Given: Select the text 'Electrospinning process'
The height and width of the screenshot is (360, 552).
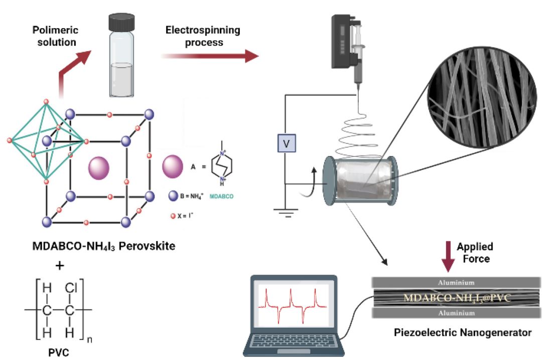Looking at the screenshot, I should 203,36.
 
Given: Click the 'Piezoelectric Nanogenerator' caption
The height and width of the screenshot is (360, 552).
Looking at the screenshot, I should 456,332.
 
